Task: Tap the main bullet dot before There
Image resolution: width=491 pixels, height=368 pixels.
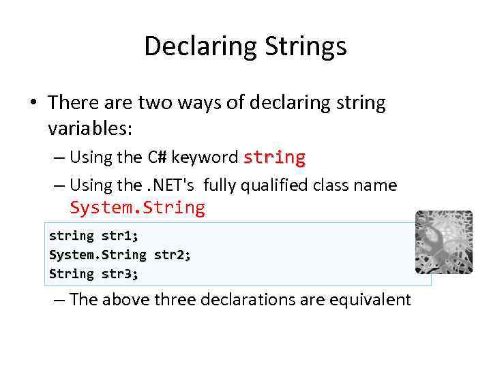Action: (x=33, y=104)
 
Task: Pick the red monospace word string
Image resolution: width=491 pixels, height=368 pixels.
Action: (x=274, y=157)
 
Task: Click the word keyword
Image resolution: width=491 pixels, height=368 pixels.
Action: (x=204, y=157)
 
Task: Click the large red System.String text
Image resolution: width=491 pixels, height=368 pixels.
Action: (x=137, y=208)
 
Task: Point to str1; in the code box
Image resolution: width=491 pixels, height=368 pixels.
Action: (x=119, y=236)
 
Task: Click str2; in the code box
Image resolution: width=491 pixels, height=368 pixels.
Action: (x=173, y=255)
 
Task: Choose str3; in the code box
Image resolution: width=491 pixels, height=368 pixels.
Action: (x=119, y=274)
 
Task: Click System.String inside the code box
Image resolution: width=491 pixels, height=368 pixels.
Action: (x=98, y=255)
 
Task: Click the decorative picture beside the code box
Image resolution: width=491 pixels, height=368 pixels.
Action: (x=443, y=242)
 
